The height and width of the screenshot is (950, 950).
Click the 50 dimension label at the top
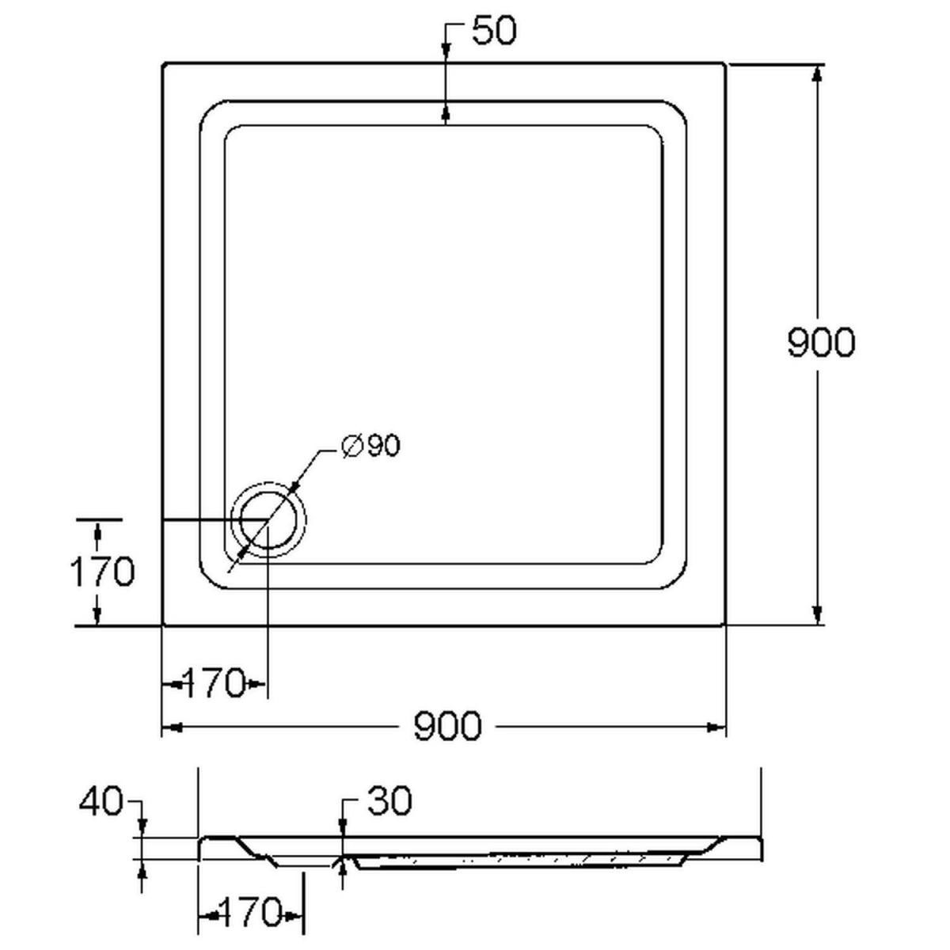pyautogui.click(x=493, y=31)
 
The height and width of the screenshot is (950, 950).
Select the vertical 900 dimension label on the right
pyautogui.click(x=821, y=342)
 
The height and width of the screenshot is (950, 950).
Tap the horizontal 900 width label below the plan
pyautogui.click(x=447, y=726)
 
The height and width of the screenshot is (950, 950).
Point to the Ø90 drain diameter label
pyautogui.click(x=370, y=446)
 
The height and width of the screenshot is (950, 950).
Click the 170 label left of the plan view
pyautogui.click(x=103, y=572)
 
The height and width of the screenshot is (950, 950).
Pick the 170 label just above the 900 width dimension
pyautogui.click(x=214, y=683)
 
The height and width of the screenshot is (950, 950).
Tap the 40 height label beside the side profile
pyautogui.click(x=100, y=801)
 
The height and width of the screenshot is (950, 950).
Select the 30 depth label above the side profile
pyautogui.click(x=389, y=801)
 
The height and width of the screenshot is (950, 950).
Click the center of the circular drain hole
pyautogui.click(x=268, y=519)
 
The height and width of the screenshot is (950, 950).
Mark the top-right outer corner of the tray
pyautogui.click(x=724, y=63)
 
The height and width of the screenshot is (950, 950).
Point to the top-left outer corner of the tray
pyautogui.click(x=163, y=63)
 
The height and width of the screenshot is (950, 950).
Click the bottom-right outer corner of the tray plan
pyautogui.click(x=724, y=625)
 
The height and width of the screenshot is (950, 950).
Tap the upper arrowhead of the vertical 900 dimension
pyautogui.click(x=817, y=74)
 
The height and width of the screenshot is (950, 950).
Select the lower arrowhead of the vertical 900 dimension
pyautogui.click(x=817, y=615)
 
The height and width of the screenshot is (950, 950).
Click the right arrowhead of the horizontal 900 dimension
pyautogui.click(x=716, y=727)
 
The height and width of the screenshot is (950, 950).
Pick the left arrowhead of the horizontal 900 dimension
pyautogui.click(x=173, y=727)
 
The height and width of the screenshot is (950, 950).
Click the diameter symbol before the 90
pyautogui.click(x=352, y=446)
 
